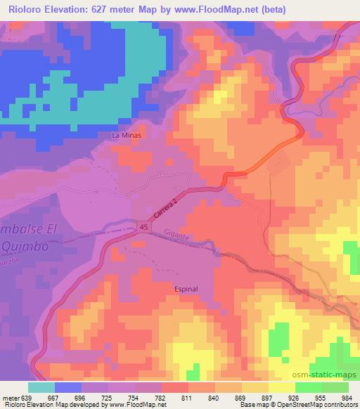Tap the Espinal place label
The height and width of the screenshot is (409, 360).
tap(186, 289)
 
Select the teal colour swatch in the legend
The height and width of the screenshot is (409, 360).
tap(41, 387)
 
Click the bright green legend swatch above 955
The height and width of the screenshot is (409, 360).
tap(308, 387)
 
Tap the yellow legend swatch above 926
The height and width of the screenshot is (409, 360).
tap(282, 387)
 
